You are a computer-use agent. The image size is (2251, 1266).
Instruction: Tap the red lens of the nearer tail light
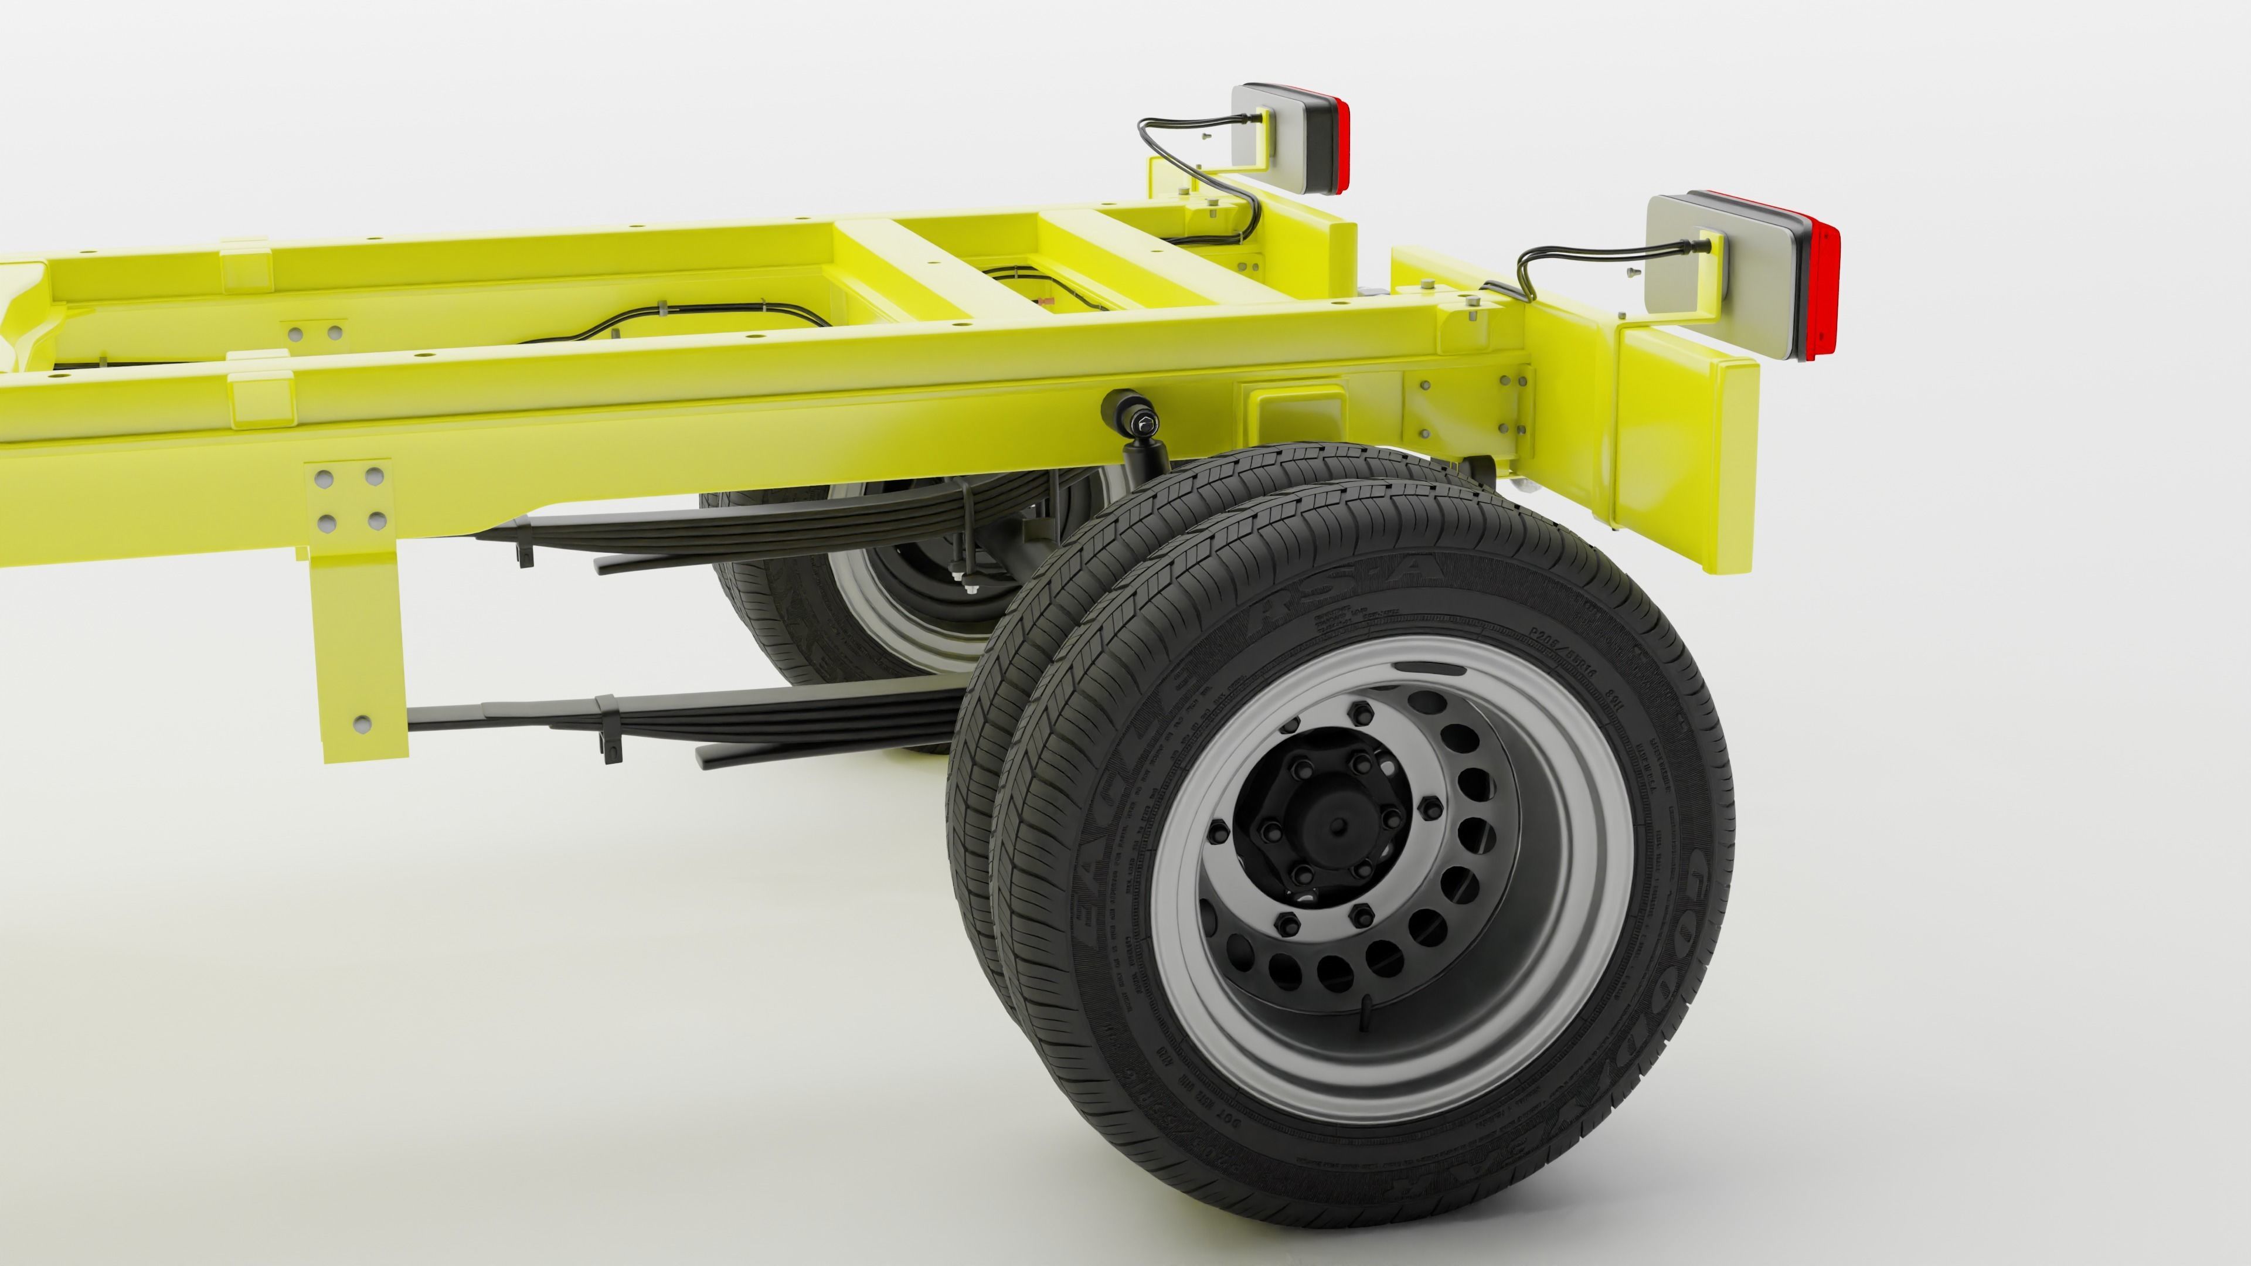[1825, 289]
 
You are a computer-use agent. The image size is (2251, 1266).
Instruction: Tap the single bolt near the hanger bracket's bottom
[361, 723]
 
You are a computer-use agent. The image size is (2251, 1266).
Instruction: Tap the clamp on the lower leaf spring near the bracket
[610, 725]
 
